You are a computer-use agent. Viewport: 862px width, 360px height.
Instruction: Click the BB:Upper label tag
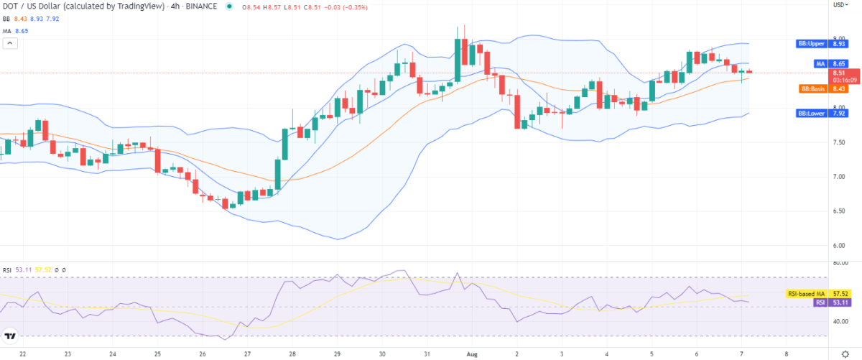[811, 44]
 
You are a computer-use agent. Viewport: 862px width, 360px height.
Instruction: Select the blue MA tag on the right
[820, 64]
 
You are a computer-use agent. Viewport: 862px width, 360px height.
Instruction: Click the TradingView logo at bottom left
[10, 335]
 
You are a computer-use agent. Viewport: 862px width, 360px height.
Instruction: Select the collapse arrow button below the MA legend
[11, 43]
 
